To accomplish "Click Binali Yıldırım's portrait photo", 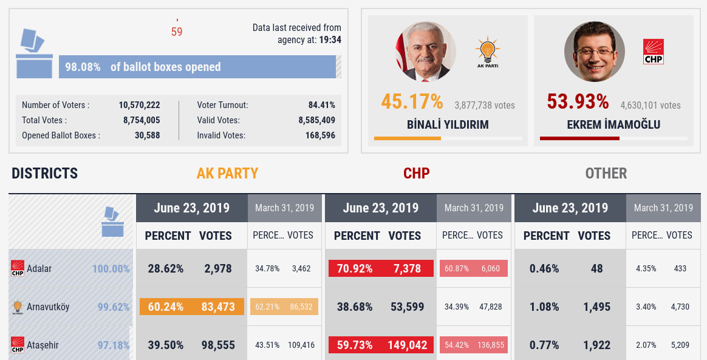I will click(x=425, y=52).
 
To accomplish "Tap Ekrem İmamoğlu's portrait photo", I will click(x=594, y=52).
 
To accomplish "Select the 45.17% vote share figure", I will click(x=412, y=101).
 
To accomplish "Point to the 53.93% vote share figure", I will click(x=578, y=101).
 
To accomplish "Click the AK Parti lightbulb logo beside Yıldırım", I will click(x=487, y=51).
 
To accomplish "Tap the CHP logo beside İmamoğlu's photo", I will click(x=653, y=52).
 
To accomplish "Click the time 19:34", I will click(x=330, y=39).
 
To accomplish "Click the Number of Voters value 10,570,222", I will click(x=139, y=105).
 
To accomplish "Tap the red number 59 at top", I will click(x=177, y=32).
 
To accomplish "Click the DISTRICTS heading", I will click(x=45, y=174).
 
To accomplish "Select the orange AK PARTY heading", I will click(x=227, y=174).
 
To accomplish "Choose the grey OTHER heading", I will click(x=606, y=174).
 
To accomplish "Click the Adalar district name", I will click(x=39, y=268).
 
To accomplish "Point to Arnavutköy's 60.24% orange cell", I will click(x=166, y=307).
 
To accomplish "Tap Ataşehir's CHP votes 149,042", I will click(x=407, y=345).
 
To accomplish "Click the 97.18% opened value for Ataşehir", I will click(x=114, y=345).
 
